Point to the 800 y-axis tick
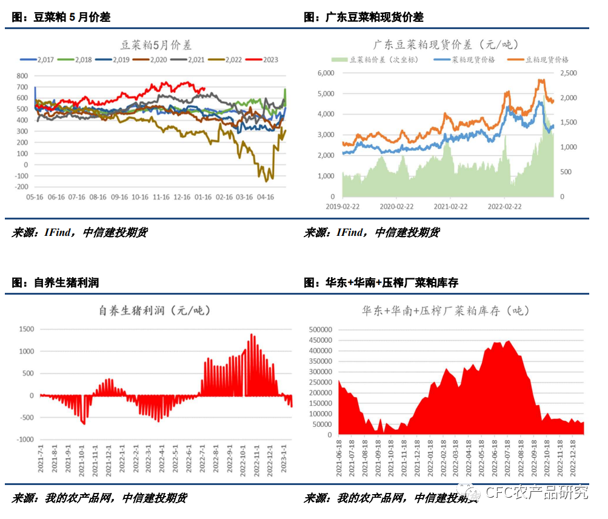pos(22,76)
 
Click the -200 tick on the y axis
pos(21,187)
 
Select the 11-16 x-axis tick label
pos(161,198)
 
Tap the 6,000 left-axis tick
pos(326,73)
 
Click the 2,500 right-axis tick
pos(568,73)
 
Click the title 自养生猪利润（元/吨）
pos(155,310)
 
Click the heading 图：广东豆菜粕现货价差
pos(363,18)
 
